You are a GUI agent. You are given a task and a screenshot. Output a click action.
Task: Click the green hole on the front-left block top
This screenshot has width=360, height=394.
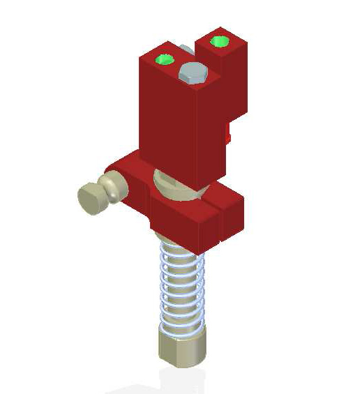coord(165,59)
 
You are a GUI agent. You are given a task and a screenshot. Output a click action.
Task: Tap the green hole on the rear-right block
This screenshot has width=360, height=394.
coord(220,41)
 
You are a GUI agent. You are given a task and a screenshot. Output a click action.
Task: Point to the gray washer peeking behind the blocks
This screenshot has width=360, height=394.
coord(186,51)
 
